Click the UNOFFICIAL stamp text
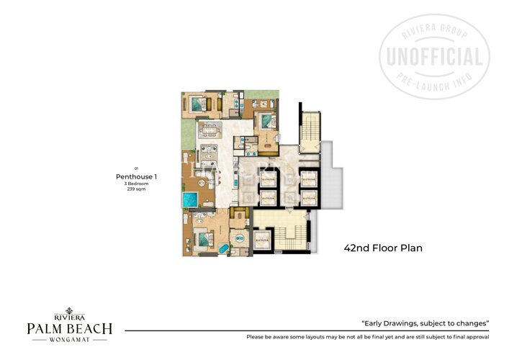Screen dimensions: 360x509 (434, 57)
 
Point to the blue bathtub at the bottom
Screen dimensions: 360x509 (223, 249)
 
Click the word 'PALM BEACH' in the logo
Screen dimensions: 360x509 (69, 329)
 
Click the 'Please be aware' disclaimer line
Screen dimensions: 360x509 (367, 337)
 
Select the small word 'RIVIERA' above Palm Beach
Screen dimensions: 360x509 (69, 316)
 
